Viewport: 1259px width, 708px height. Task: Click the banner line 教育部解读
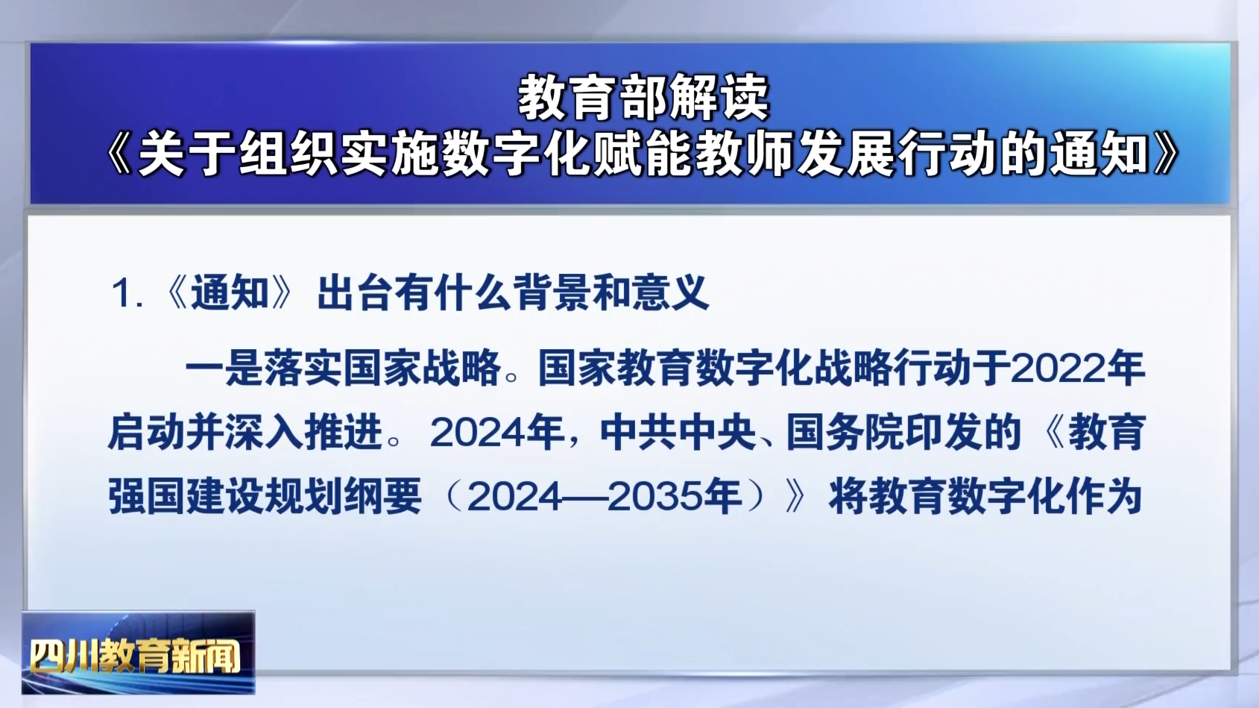tap(643, 98)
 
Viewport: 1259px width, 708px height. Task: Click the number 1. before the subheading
tap(127, 293)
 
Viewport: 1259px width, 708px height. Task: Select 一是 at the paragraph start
tap(224, 368)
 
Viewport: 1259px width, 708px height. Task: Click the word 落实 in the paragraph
tap(303, 368)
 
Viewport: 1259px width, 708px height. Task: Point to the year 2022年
tap(1077, 368)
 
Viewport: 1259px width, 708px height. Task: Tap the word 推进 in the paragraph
tap(343, 433)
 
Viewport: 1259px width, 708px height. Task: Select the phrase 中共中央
tap(678, 433)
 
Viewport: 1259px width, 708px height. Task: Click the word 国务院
tap(845, 433)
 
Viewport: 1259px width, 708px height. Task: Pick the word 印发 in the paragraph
tap(943, 433)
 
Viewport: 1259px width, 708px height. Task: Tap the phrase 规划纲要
tap(343, 497)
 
